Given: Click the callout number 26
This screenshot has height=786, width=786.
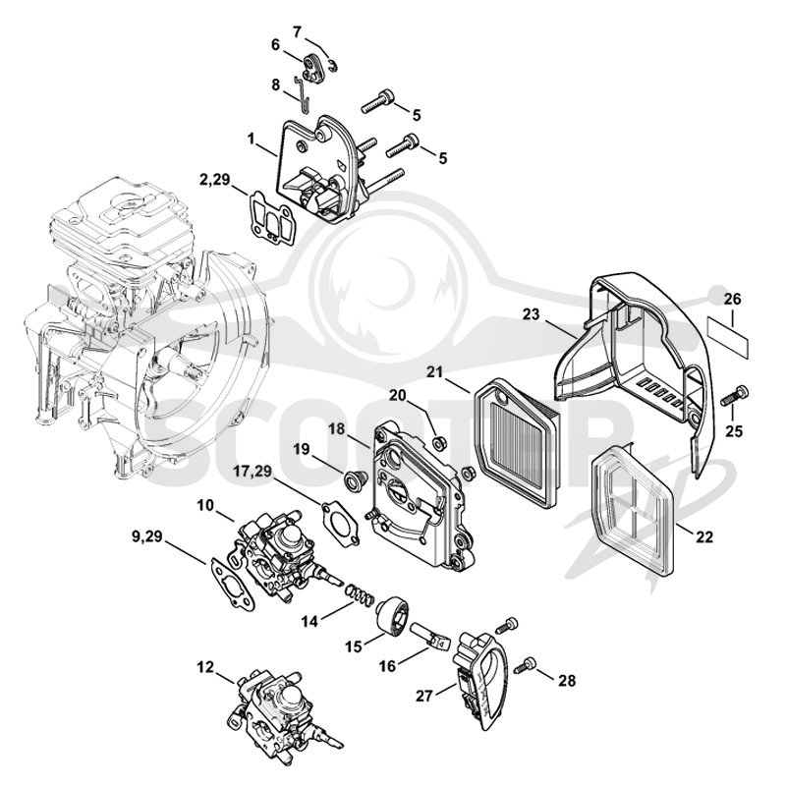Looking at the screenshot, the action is pos(732,300).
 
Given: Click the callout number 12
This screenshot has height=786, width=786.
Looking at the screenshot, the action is pos(205,667).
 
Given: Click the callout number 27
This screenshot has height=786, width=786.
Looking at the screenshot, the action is pos(424,696).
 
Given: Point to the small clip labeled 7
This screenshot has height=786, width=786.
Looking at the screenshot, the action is pos(332,65).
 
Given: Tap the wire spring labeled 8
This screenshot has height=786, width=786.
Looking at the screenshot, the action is pos(303,94).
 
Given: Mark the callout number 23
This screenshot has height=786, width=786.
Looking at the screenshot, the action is pos(532,314).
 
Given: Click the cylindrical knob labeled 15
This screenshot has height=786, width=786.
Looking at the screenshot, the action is pos(393,618).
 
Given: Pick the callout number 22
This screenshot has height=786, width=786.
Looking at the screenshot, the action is pos(704,536).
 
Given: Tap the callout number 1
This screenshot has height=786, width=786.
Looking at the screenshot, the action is pos(252,138).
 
